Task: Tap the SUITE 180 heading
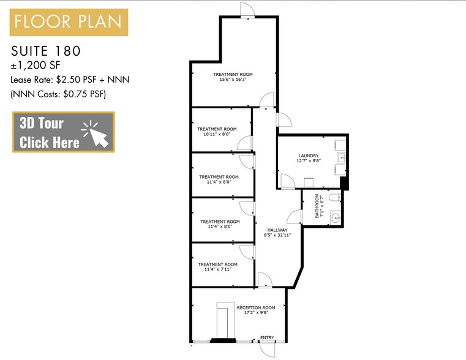47,50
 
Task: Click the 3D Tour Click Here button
63,132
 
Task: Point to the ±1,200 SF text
35,65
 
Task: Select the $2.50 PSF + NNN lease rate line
70,80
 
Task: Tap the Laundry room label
309,159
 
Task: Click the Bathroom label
317,206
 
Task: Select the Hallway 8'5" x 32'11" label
277,232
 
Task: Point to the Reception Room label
256,309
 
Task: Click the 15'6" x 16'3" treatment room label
233,77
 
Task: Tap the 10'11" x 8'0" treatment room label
217,132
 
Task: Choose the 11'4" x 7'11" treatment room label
217,268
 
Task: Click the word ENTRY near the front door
267,337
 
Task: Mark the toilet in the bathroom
333,198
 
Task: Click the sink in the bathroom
335,217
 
